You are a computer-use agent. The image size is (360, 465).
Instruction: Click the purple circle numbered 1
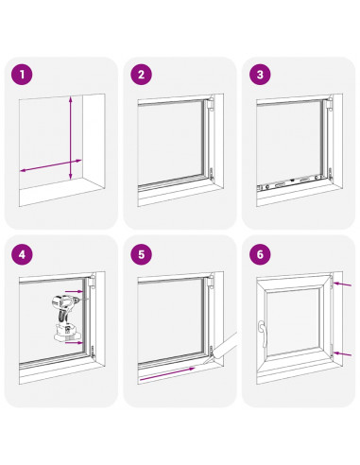[x=22, y=75]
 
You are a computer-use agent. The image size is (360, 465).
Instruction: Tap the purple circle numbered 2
[x=141, y=75]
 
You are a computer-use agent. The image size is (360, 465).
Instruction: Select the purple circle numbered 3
[x=260, y=75]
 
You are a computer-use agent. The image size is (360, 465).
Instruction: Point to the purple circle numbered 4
[x=22, y=254]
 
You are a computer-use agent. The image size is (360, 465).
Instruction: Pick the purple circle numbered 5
[x=141, y=254]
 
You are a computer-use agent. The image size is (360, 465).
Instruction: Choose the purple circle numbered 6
[x=260, y=254]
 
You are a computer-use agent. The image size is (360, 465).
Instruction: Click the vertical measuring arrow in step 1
[x=71, y=138]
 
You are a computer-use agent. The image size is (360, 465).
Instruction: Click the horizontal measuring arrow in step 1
[x=51, y=165]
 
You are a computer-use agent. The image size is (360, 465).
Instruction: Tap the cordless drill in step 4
[x=65, y=318]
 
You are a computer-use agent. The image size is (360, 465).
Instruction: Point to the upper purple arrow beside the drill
[x=75, y=292]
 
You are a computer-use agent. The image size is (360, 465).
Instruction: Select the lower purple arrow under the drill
[x=75, y=343]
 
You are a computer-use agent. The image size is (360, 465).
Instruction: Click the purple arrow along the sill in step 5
[x=167, y=374]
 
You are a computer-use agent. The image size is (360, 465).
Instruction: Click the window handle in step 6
[x=262, y=333]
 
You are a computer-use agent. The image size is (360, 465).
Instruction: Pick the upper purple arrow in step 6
[x=342, y=284]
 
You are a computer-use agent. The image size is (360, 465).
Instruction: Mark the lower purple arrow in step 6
[x=342, y=354]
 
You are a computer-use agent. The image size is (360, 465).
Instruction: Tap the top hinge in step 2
[x=211, y=103]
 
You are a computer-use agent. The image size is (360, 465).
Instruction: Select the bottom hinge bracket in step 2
[x=212, y=174]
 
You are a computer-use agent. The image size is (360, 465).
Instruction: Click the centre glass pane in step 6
[x=294, y=321]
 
